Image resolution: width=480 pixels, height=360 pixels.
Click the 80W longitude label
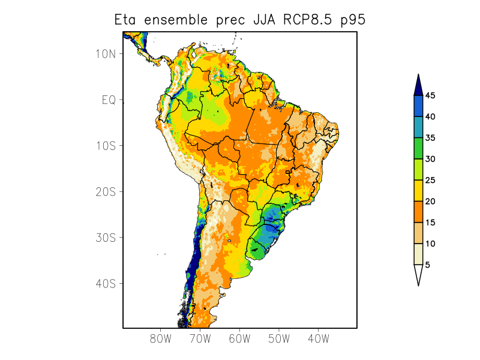click(x=161, y=338)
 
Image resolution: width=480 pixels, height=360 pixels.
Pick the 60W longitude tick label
click(x=239, y=338)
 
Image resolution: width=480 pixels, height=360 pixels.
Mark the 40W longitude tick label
click(x=318, y=338)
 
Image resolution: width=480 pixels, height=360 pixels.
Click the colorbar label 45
click(x=430, y=95)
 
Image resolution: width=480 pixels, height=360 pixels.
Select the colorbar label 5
click(x=428, y=265)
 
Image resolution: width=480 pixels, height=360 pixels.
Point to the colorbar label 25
click(x=430, y=180)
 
